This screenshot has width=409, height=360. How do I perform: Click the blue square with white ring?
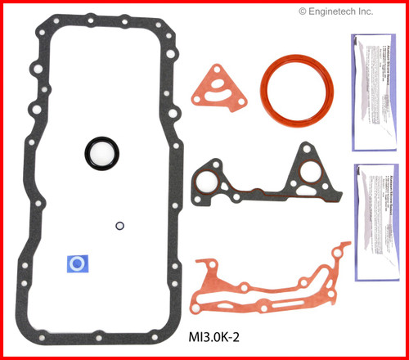pyautogui.click(x=77, y=263)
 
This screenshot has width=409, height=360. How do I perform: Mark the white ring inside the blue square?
pyautogui.click(x=77, y=263)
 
